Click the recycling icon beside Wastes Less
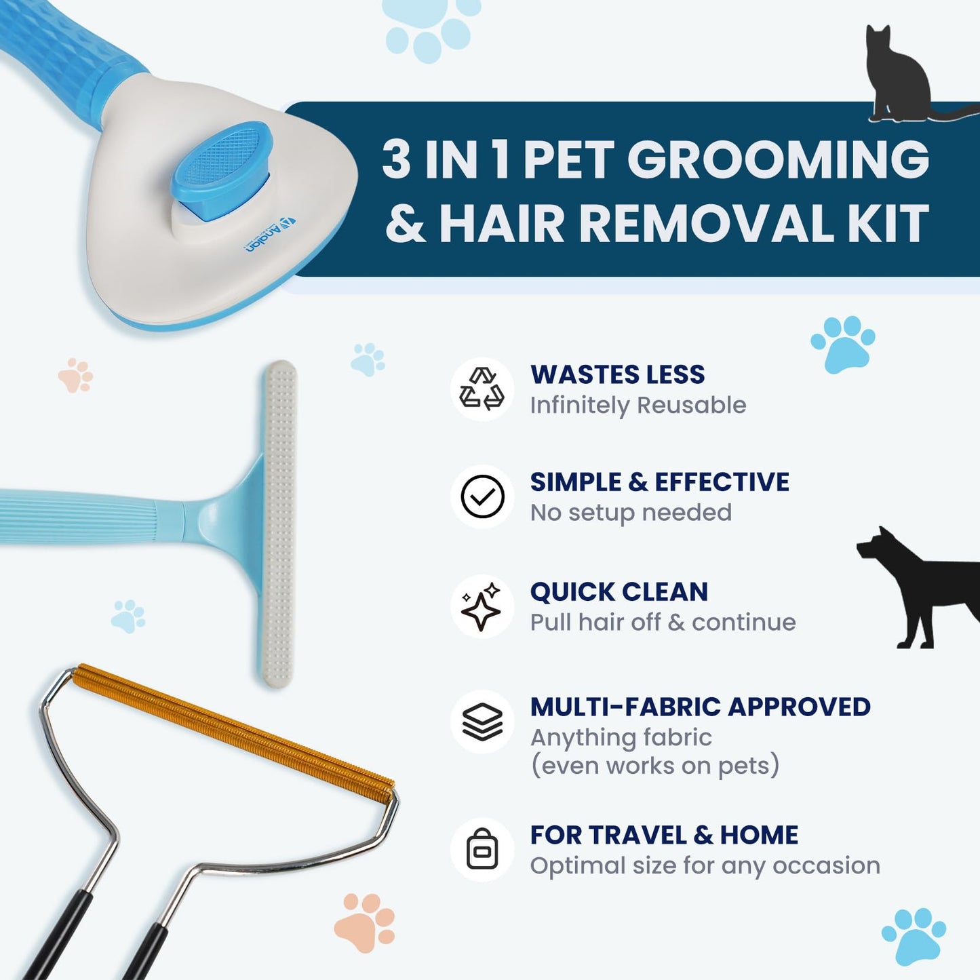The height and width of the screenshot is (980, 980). pos(482,389)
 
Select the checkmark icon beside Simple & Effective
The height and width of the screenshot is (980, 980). pos(482,496)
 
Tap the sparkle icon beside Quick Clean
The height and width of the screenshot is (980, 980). pos(482,606)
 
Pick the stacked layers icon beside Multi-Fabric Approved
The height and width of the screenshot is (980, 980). pos(482,722)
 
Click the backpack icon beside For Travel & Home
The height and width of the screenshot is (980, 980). pos(482,849)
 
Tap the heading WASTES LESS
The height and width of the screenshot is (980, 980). pos(617,374)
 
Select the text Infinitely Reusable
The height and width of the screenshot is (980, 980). pos(638,406)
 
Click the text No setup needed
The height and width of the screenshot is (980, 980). pos(631,513)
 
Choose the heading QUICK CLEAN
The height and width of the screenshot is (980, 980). pos(619,592)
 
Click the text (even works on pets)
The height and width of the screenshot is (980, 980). pos(654,766)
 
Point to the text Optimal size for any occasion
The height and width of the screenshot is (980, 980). pos(705,865)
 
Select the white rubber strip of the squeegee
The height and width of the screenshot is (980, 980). pos(278,522)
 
